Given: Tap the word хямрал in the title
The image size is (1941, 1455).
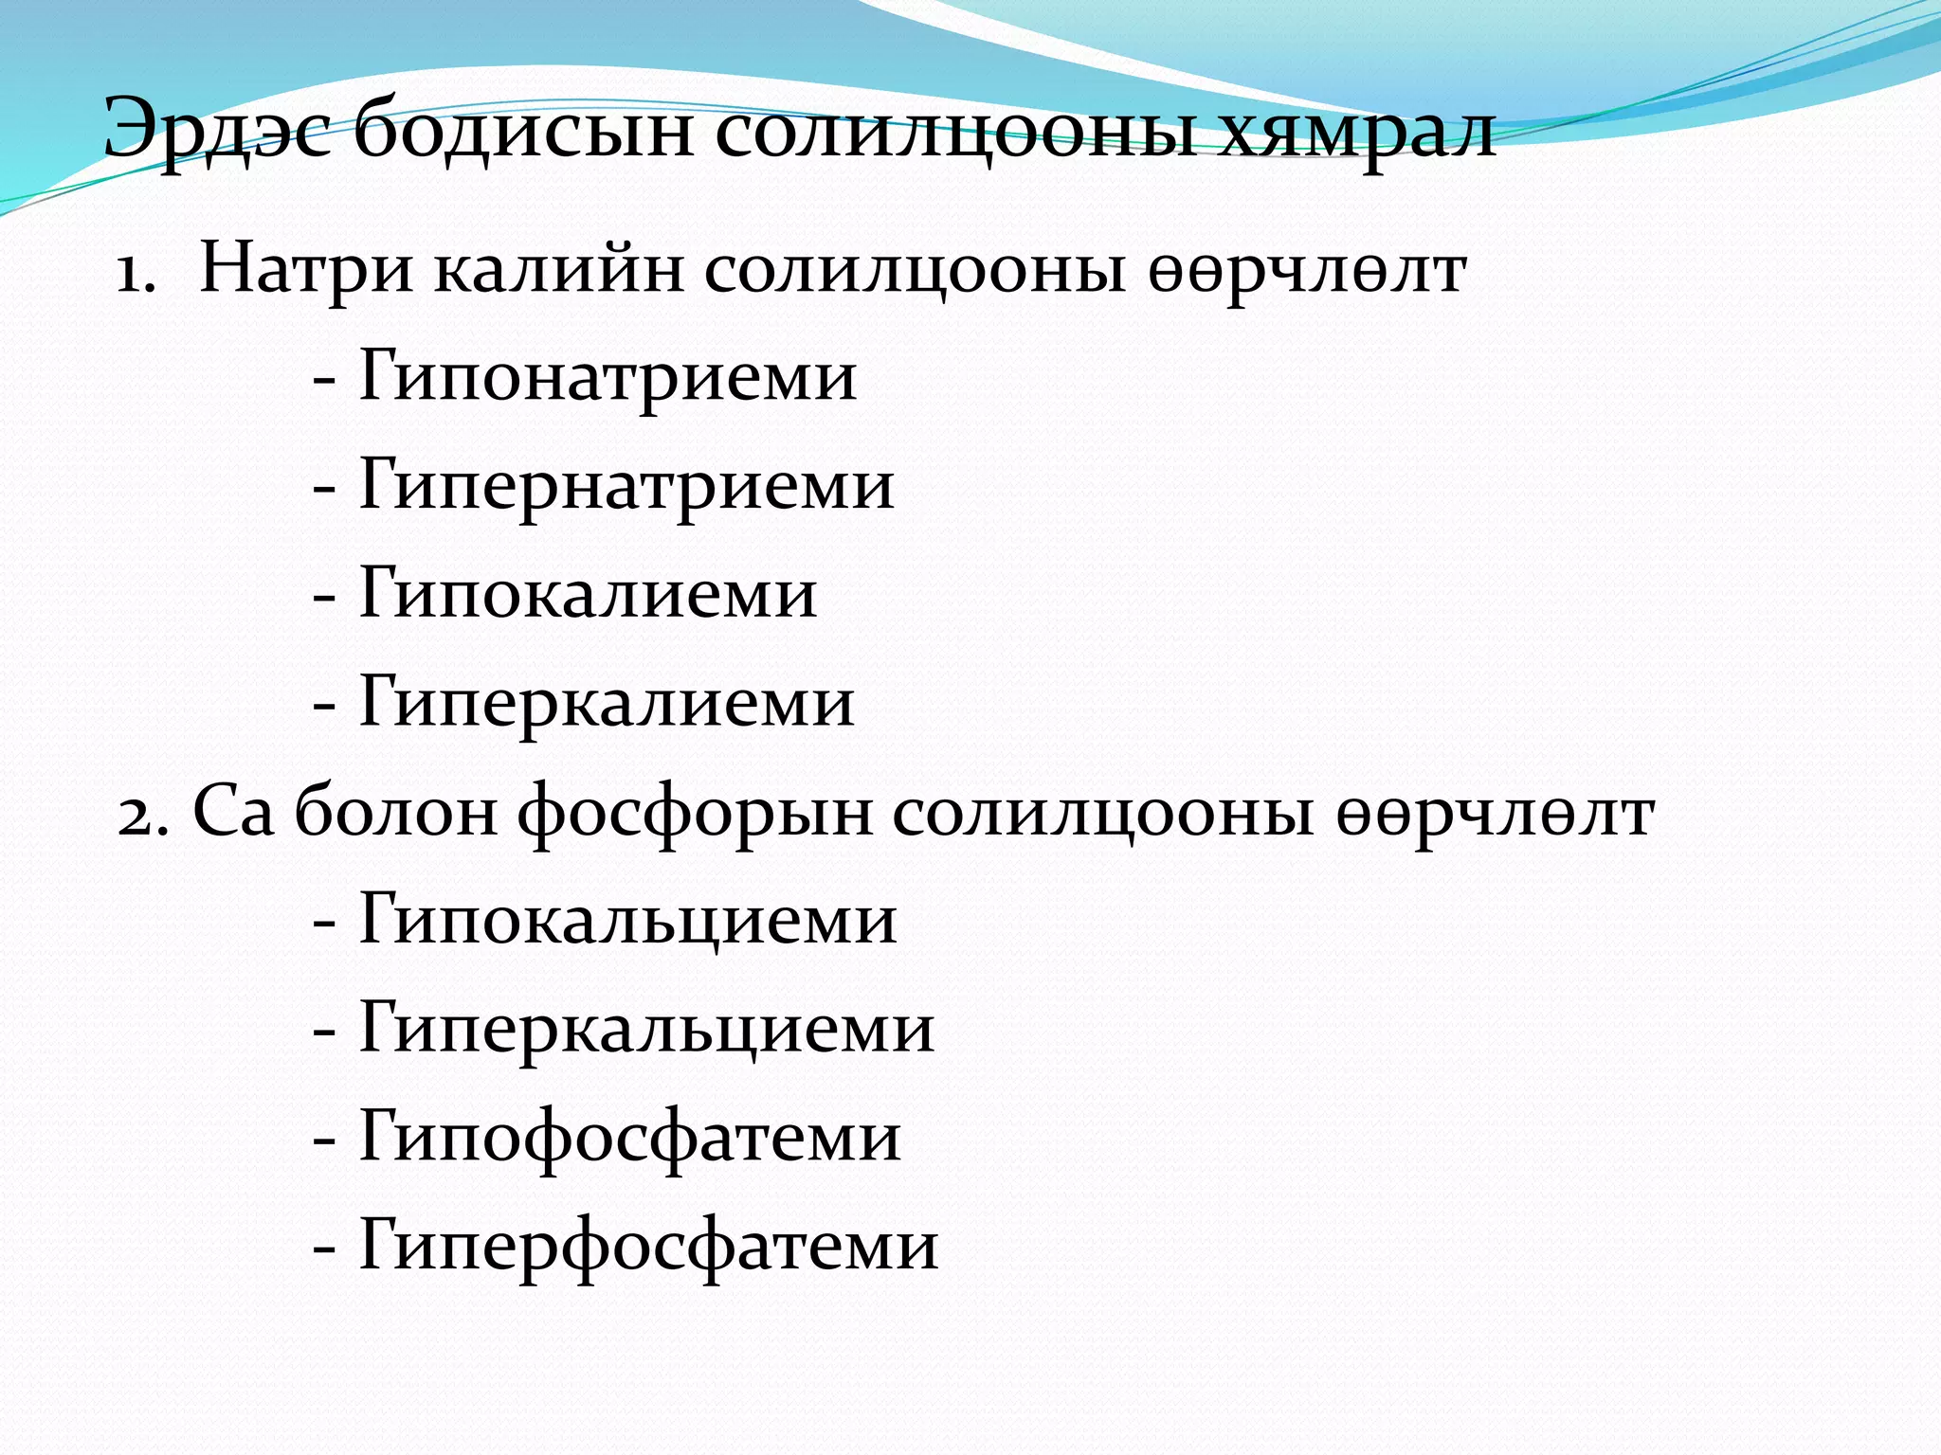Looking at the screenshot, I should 1356,133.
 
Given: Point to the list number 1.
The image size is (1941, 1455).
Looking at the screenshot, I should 136,274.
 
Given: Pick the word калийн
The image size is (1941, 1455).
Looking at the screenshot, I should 559,270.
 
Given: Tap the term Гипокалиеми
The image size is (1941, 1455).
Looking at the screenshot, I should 588,595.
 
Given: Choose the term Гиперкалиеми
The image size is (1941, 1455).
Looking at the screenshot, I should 607,704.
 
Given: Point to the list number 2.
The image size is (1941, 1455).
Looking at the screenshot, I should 142,816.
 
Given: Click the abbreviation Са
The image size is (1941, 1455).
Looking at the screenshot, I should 233,813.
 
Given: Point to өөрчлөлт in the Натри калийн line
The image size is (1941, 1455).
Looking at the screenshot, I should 1308,273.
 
